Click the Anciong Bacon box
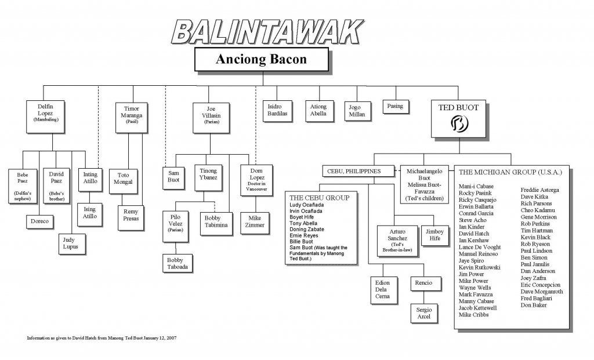click(262, 59)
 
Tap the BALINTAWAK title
click(267, 32)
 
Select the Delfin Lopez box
click(45, 117)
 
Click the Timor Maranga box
click(132, 117)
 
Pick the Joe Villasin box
click(211, 118)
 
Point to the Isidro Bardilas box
click(277, 111)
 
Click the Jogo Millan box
click(357, 111)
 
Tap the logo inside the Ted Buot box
click(459, 123)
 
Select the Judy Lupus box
click(72, 244)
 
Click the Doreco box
click(40, 221)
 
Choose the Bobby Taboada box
click(178, 263)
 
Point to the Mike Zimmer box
click(255, 223)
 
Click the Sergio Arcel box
click(424, 313)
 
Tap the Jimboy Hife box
click(435, 235)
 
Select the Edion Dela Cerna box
click(383, 290)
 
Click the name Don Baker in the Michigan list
click(534, 305)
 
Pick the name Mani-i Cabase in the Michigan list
click(476, 186)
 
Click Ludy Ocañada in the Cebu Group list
click(306, 205)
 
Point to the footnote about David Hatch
click(102, 337)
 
